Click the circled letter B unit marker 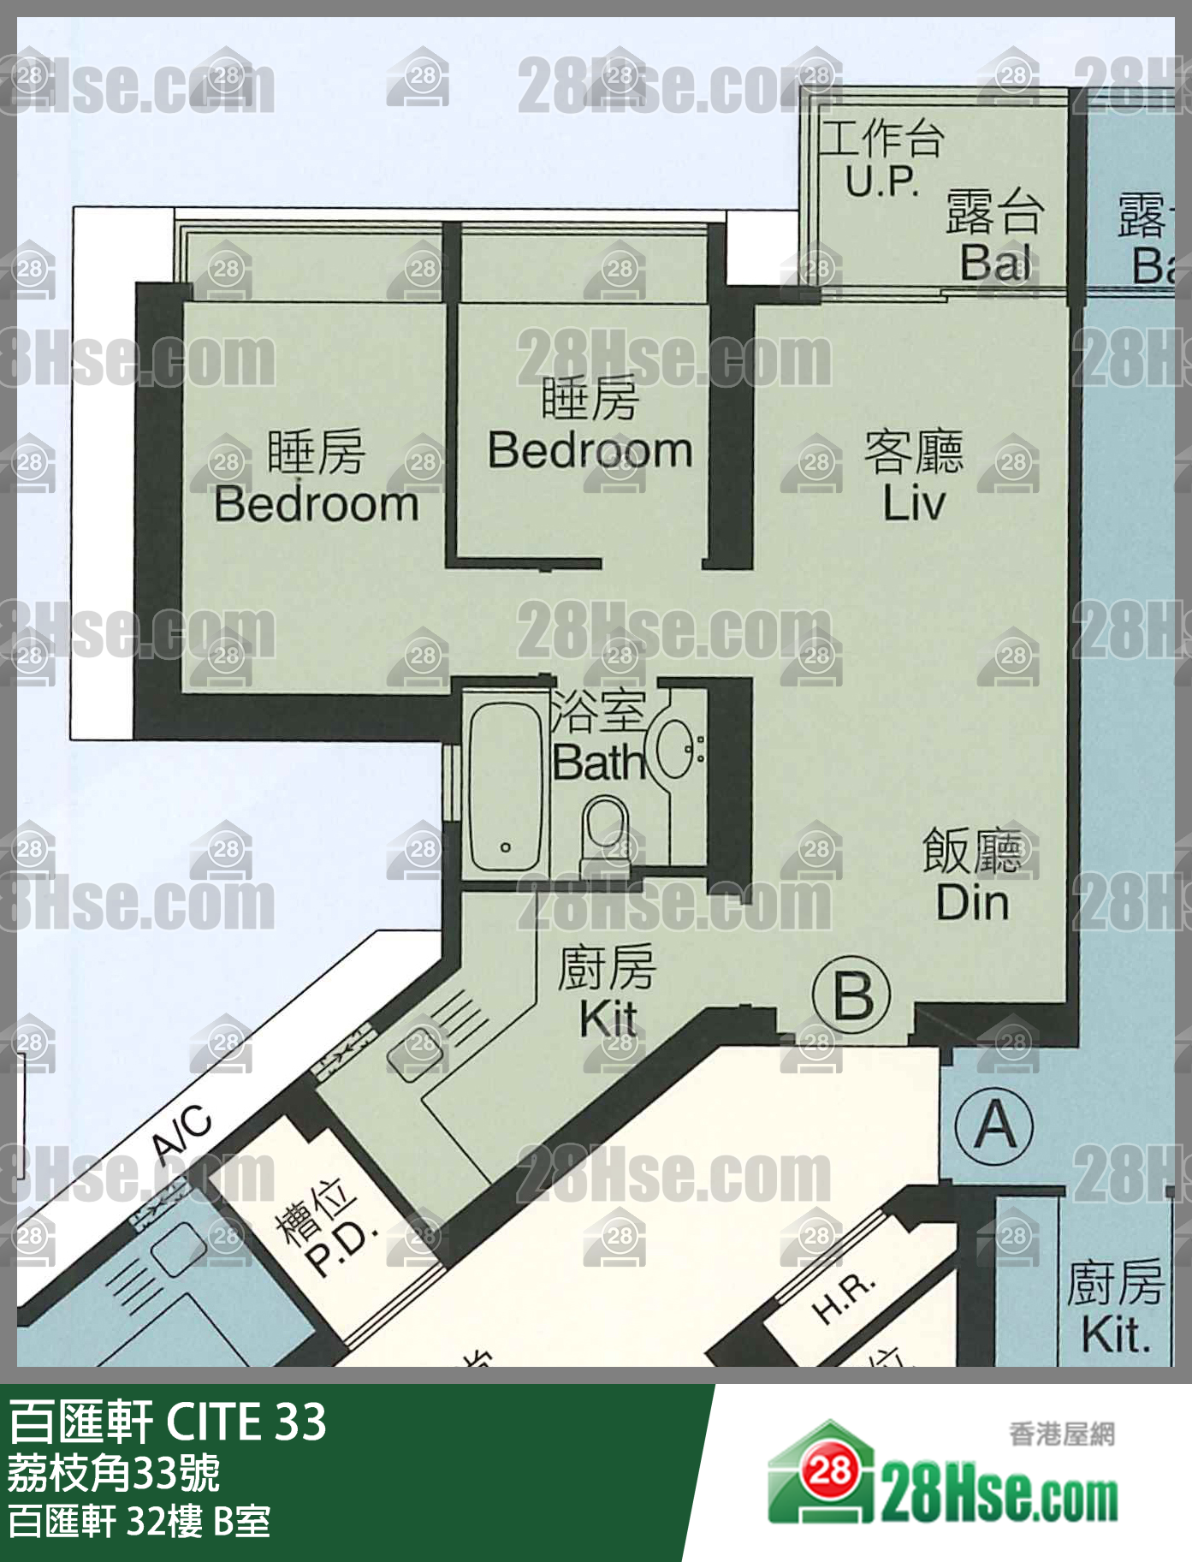[x=851, y=995]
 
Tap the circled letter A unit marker [x=994, y=1124]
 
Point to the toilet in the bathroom [x=605, y=829]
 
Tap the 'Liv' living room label [x=914, y=503]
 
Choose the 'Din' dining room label [x=972, y=903]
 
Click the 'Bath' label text [x=597, y=763]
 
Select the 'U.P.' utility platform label [x=881, y=181]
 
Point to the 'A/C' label [x=182, y=1135]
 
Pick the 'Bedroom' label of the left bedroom [x=317, y=504]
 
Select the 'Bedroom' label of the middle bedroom [x=590, y=450]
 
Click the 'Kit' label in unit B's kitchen [x=608, y=1019]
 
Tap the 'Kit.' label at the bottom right [x=1115, y=1335]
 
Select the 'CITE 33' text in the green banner [x=246, y=1422]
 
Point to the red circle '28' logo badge [x=828, y=1470]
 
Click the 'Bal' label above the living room [x=995, y=262]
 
